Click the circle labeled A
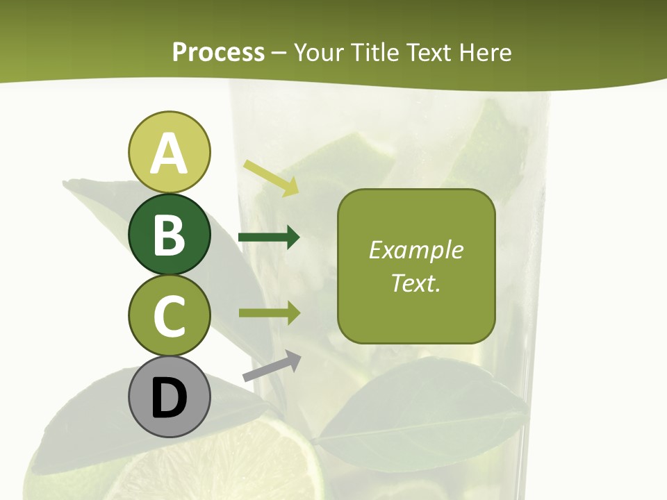coord(169,152)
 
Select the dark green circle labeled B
coord(169,234)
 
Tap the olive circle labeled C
coord(169,315)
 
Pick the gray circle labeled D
coord(169,397)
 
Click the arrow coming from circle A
coord(271,177)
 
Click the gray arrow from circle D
coord(272,366)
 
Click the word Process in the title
coord(218,52)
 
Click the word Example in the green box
coord(415,250)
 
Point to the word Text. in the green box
coord(415,283)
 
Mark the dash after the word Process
coord(279,53)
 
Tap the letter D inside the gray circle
coord(169,399)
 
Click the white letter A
coord(169,153)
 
